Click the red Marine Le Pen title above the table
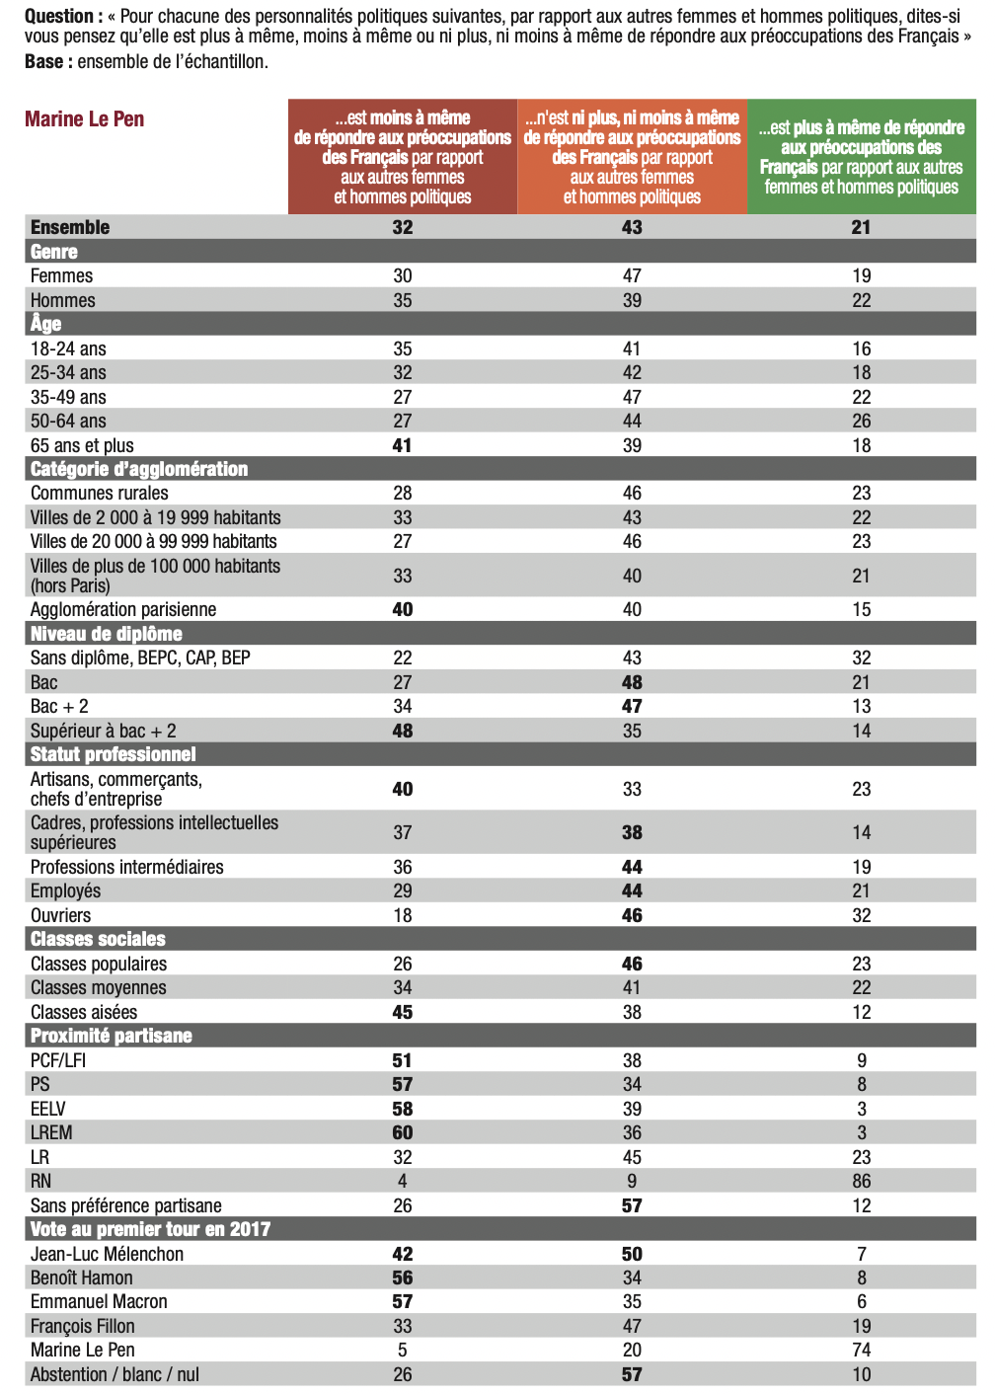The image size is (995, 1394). tap(85, 119)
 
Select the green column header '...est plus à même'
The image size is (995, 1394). tap(861, 157)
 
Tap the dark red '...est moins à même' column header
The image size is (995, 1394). tap(403, 157)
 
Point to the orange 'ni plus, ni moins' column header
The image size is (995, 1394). tap(632, 157)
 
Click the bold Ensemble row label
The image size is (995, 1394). tap(70, 227)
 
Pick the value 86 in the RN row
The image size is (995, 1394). tap(861, 1181)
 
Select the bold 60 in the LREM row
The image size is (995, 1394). tap(403, 1132)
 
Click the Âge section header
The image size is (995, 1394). tap(46, 324)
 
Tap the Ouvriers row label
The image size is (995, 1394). tap(61, 915)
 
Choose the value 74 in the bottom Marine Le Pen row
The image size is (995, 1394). tap(861, 1350)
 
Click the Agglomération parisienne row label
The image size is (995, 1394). tap(123, 609)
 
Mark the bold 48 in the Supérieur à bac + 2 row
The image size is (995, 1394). tap(403, 731)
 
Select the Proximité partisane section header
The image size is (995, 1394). tap(112, 1036)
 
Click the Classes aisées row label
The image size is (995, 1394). tap(84, 1012)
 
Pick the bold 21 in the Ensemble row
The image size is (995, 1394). tap(861, 227)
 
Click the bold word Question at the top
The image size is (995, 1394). tap(59, 16)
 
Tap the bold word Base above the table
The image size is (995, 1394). tap(43, 61)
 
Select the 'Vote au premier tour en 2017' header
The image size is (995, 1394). tap(150, 1229)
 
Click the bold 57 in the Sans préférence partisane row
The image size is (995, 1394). tap(632, 1205)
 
